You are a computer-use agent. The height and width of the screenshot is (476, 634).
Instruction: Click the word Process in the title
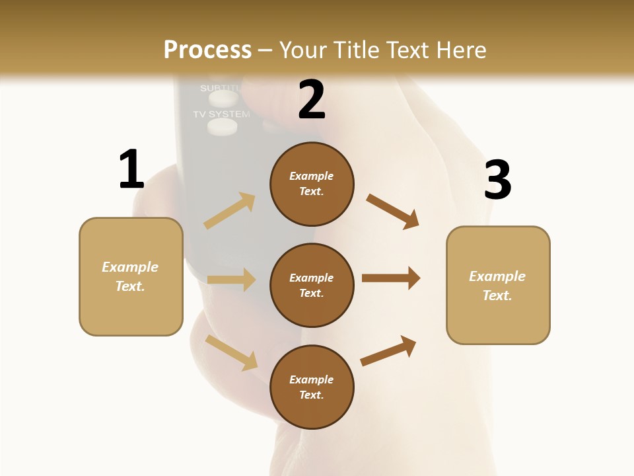tap(207, 50)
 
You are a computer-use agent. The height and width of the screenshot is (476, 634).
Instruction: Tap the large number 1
tap(131, 169)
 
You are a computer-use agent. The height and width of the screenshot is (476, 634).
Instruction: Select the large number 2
tap(312, 100)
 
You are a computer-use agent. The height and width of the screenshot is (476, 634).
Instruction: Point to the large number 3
tap(497, 180)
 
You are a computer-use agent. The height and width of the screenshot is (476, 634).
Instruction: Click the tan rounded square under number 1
tap(131, 276)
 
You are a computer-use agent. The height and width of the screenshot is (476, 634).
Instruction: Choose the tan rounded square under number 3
tap(498, 285)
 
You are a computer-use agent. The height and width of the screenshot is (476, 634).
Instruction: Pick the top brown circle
tap(312, 184)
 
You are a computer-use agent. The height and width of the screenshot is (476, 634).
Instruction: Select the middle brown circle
tap(312, 285)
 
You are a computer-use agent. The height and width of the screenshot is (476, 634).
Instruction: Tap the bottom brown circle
tap(312, 387)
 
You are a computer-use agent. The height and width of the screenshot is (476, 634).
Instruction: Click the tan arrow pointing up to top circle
tap(230, 210)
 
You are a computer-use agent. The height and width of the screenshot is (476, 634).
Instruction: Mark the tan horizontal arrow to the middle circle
tap(231, 280)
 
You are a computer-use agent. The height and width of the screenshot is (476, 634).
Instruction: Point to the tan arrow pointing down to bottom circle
tap(231, 352)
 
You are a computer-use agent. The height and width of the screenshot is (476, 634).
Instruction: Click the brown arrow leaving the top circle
tap(393, 212)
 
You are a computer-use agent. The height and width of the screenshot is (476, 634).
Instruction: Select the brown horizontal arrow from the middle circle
tap(390, 278)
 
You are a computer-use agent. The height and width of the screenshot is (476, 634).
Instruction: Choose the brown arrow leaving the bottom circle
tap(388, 350)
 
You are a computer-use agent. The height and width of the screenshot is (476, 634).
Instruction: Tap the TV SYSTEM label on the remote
tap(221, 114)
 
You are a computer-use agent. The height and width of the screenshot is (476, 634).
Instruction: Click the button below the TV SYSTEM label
tap(222, 127)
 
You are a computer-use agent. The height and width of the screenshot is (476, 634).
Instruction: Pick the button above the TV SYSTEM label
tap(223, 99)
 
